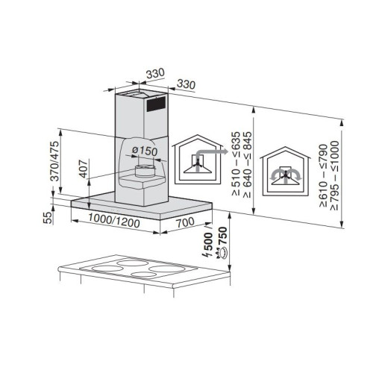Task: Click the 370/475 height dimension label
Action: coord(54,161)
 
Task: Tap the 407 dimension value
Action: coord(84,169)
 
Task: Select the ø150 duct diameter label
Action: coord(145,151)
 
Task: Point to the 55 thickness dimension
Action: coord(48,218)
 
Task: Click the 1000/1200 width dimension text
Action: coord(114,221)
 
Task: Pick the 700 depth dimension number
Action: coord(186,222)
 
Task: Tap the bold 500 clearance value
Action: coord(208,241)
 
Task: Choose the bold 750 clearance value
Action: coord(222,236)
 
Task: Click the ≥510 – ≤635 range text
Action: coord(236,163)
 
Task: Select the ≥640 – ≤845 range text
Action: coord(248,165)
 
